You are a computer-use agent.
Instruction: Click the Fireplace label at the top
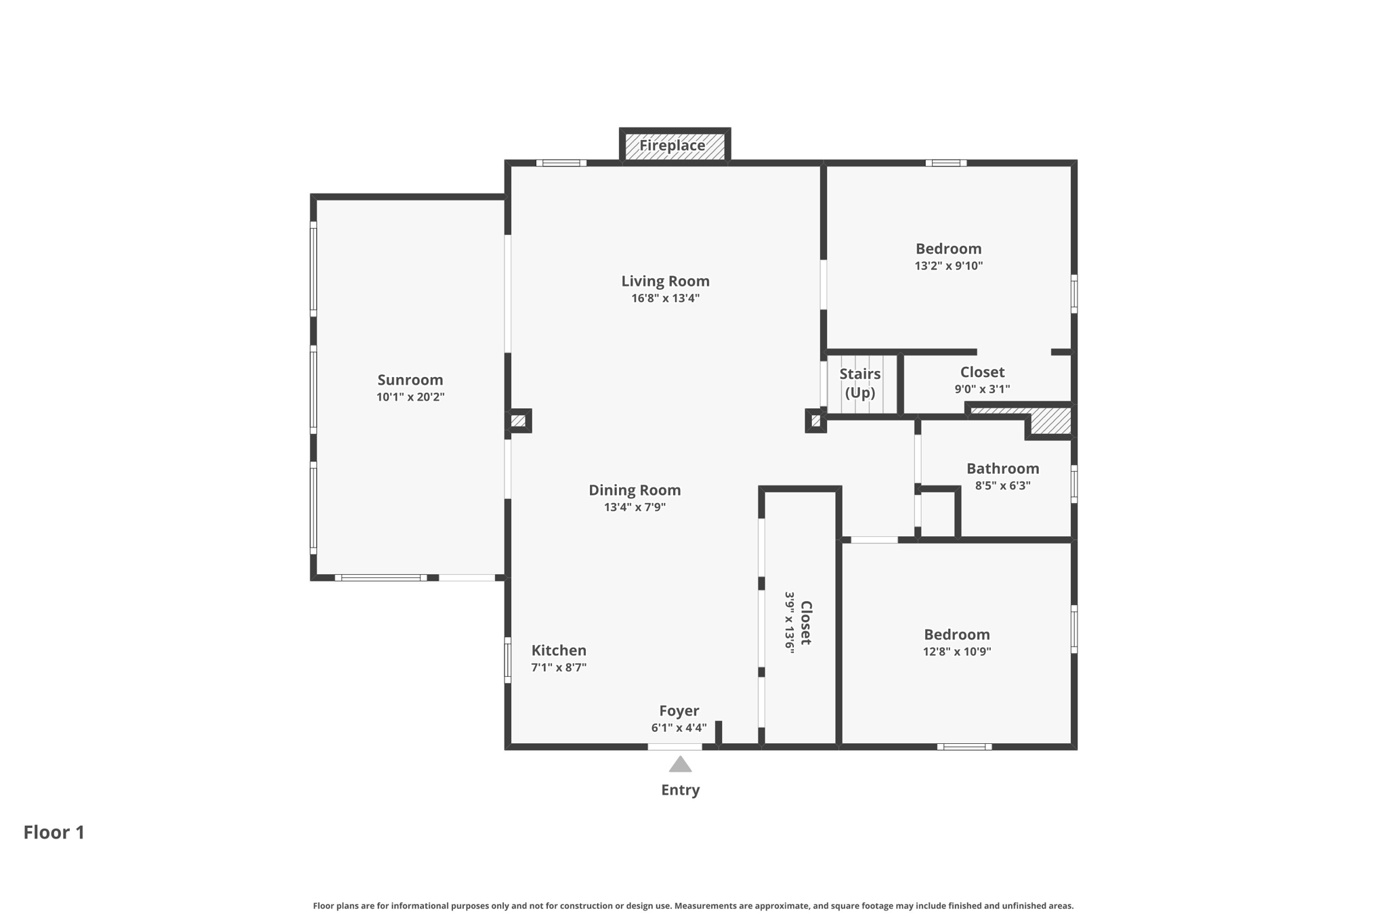672,146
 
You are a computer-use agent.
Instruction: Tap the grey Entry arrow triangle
680,765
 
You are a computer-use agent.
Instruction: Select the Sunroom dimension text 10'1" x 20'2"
410,397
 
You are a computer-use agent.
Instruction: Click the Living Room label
665,281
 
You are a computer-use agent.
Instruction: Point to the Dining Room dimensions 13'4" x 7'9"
635,507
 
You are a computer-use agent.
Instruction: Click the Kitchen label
559,651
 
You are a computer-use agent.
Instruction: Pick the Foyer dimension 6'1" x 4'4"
679,728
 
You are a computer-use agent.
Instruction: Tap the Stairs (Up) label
860,383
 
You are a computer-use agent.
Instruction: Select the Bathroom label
1002,468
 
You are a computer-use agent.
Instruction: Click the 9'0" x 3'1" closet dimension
982,389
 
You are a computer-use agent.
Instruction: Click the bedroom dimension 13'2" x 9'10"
948,266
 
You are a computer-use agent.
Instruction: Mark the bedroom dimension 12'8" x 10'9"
956,652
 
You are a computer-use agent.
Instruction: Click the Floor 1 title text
54,833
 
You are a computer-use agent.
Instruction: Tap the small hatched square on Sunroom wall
518,421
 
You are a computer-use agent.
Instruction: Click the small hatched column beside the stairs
815,421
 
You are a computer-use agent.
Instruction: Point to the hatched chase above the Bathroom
1050,421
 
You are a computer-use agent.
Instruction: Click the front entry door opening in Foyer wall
675,747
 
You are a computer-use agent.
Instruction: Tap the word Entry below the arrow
680,790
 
